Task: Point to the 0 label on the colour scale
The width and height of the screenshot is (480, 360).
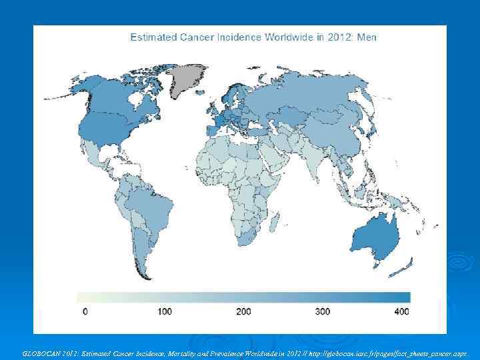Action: (85, 311)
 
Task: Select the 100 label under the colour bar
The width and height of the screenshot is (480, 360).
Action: (165, 311)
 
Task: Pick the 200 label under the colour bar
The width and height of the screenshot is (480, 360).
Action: (244, 311)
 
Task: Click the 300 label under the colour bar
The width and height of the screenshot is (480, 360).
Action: (323, 311)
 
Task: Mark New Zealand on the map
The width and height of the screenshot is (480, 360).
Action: (408, 267)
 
